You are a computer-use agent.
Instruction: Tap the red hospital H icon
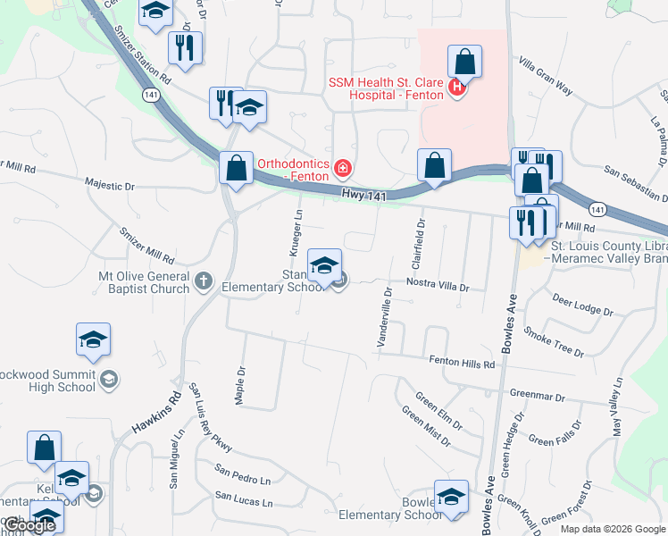(x=457, y=88)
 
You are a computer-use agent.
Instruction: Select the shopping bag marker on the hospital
(x=464, y=63)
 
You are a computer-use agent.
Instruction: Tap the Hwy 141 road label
(x=363, y=193)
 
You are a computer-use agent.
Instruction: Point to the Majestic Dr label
(x=109, y=186)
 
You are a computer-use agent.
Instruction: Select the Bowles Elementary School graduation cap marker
(x=451, y=497)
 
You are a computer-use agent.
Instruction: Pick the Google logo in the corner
(x=29, y=525)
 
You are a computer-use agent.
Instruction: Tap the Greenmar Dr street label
(x=539, y=393)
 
